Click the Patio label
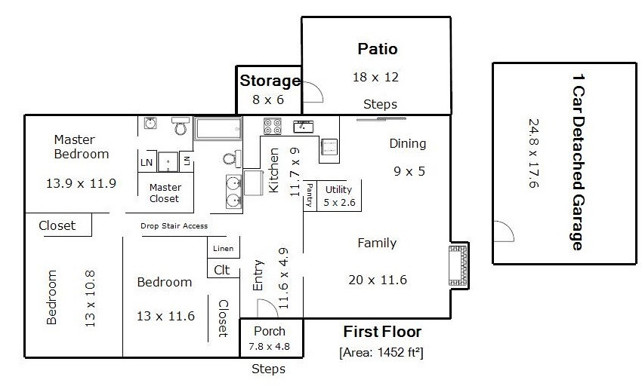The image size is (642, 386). pyautogui.click(x=378, y=49)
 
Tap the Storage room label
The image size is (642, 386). pyautogui.click(x=270, y=81)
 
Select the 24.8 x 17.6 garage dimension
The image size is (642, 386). pyautogui.click(x=533, y=153)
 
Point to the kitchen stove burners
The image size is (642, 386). pyautogui.click(x=272, y=126)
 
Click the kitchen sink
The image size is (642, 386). pyautogui.click(x=304, y=127)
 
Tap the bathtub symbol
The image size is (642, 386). pyautogui.click(x=218, y=129)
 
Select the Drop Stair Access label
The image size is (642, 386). pyautogui.click(x=174, y=225)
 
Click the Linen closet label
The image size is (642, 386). pyautogui.click(x=223, y=248)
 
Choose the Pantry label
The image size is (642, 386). pyautogui.click(x=310, y=195)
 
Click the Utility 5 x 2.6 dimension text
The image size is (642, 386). pyautogui.click(x=339, y=202)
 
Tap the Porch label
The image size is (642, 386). pyautogui.click(x=270, y=331)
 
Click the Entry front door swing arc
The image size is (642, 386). pyautogui.click(x=271, y=305)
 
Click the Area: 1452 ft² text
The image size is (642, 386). pyautogui.click(x=381, y=352)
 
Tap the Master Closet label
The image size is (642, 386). pyautogui.click(x=165, y=193)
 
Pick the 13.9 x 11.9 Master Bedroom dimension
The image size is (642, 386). pyautogui.click(x=81, y=183)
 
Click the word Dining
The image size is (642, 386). pyautogui.click(x=407, y=143)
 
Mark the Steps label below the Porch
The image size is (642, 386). pyautogui.click(x=268, y=369)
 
